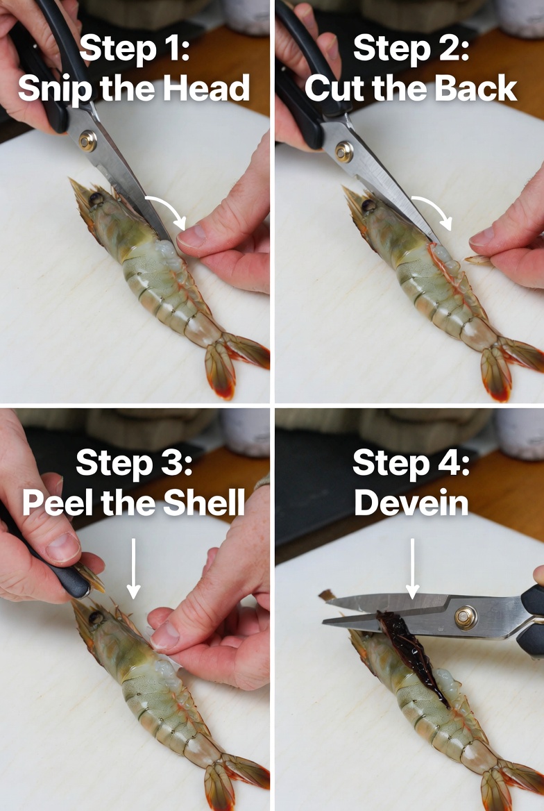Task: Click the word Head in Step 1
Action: [206, 88]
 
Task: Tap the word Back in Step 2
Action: [475, 88]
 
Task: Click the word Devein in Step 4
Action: [411, 502]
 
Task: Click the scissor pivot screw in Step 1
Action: [87, 141]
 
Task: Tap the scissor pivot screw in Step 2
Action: [344, 151]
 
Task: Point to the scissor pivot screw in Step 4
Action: [466, 618]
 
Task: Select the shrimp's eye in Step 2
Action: [368, 206]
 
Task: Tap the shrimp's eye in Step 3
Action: [96, 618]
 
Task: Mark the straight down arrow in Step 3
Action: [133, 568]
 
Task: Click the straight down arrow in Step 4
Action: [412, 568]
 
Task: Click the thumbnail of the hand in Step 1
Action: [191, 237]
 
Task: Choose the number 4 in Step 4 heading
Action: [448, 462]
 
